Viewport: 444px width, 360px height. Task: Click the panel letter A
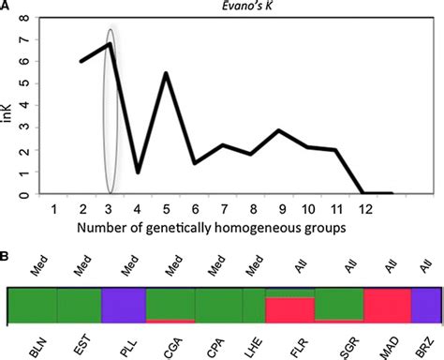pyautogui.click(x=7, y=7)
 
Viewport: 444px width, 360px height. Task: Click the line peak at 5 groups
pyautogui.click(x=167, y=73)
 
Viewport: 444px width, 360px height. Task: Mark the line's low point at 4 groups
pyautogui.click(x=139, y=172)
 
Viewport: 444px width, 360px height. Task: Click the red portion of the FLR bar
pyautogui.click(x=289, y=311)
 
